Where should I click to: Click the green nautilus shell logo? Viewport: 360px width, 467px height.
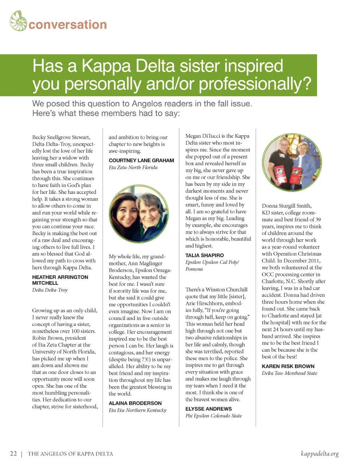[x=18, y=21]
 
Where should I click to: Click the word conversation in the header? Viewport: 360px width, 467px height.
[x=67, y=25]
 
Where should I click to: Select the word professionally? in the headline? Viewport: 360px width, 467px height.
[x=255, y=84]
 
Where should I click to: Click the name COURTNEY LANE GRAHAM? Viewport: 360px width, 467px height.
[x=141, y=161]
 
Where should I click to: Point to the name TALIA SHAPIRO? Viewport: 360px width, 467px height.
[x=205, y=255]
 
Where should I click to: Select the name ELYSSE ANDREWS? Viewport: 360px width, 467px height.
[x=208, y=409]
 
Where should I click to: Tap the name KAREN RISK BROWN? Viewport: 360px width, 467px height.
[x=288, y=366]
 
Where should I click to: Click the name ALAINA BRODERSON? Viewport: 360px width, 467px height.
[x=135, y=403]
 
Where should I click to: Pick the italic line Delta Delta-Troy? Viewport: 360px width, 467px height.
[x=50, y=290]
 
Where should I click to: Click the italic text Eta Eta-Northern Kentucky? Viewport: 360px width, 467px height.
[x=137, y=410]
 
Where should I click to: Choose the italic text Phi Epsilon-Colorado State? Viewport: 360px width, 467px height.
[x=214, y=416]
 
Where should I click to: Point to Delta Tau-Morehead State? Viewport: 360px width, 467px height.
[x=289, y=373]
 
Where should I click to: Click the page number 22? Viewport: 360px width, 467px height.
[x=14, y=454]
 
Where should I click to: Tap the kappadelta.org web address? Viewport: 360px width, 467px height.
[x=320, y=454]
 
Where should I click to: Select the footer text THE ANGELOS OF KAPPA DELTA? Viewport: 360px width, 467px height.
[x=70, y=454]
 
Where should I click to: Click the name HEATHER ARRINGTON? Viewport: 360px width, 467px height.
[x=60, y=277]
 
